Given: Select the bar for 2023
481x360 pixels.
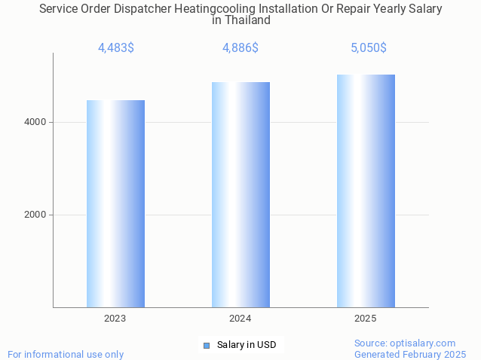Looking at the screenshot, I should (115, 203).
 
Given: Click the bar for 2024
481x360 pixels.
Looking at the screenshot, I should (240, 194).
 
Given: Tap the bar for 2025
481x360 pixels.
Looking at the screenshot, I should (366, 191).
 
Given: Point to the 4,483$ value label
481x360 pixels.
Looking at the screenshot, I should (116, 48).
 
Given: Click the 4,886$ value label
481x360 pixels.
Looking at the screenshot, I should (240, 48).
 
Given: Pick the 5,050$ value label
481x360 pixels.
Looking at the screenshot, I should (369, 48).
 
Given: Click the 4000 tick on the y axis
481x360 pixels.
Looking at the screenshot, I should (35, 122).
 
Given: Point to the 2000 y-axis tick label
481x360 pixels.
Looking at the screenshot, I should (35, 215).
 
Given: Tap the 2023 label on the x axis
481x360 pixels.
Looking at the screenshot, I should (115, 319).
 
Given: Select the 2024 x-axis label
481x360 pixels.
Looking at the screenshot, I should (240, 319).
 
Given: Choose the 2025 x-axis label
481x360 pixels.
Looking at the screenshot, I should (366, 319).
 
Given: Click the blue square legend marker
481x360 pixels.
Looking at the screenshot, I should (206, 345).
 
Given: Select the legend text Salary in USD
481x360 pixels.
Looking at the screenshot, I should (247, 345).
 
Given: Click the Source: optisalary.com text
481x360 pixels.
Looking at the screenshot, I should (405, 343).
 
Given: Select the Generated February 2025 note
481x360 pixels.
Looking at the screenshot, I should (410, 354).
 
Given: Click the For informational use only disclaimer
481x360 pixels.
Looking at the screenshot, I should (66, 354).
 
